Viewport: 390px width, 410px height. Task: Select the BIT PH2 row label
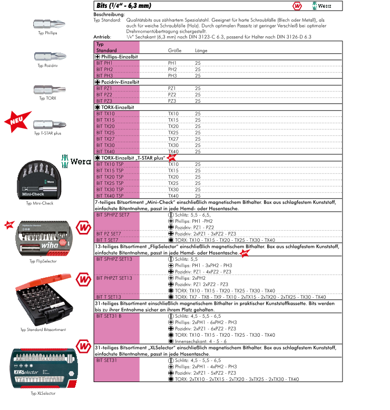(105, 69)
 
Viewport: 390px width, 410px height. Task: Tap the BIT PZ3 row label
(104, 101)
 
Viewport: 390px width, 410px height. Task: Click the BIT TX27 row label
(105, 139)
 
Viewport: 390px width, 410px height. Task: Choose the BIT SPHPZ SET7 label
(113, 214)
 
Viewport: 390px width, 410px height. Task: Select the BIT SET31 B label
(109, 316)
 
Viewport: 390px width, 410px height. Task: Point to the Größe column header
(174, 51)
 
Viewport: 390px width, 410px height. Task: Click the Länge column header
(201, 51)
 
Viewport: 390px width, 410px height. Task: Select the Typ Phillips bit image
(47, 24)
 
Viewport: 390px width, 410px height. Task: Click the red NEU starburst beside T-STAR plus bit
(18, 120)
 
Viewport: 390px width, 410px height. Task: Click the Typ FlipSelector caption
(43, 261)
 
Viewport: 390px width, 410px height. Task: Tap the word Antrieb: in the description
(102, 37)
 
